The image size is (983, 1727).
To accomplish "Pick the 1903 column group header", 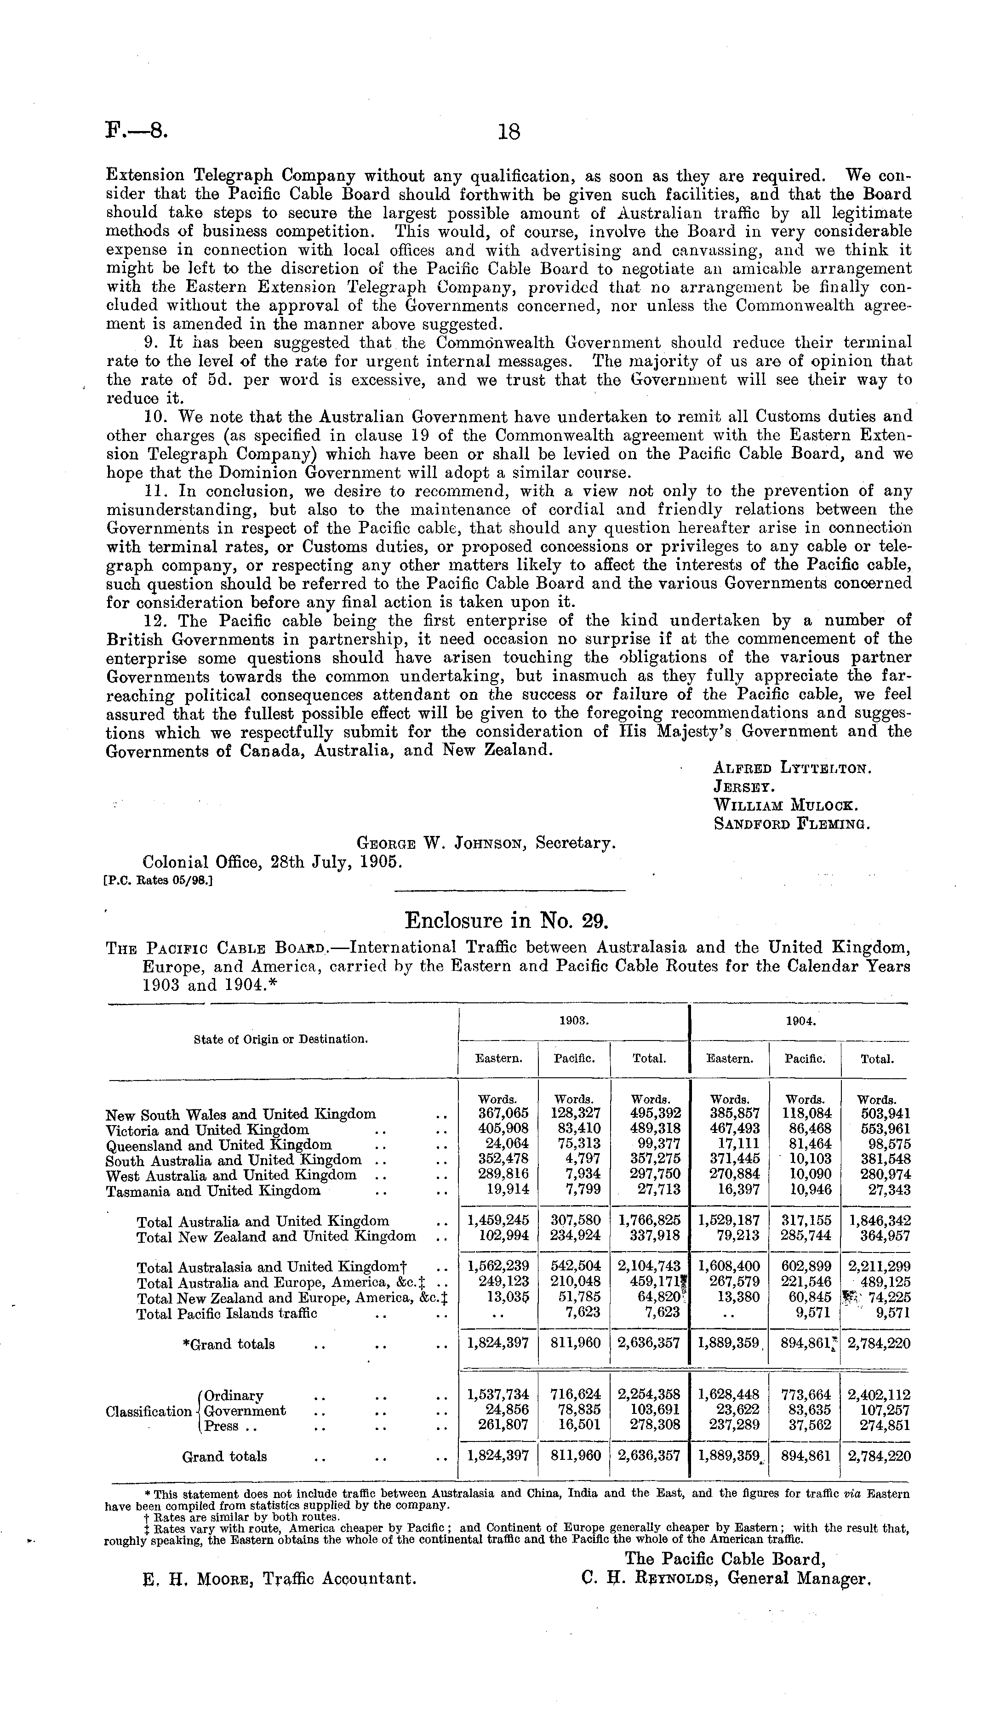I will (x=572, y=1022).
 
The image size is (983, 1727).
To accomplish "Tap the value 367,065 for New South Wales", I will (x=503, y=1114).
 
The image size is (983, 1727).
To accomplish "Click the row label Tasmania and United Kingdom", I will (x=213, y=1191).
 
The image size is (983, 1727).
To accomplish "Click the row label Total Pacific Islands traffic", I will (x=227, y=1313).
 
